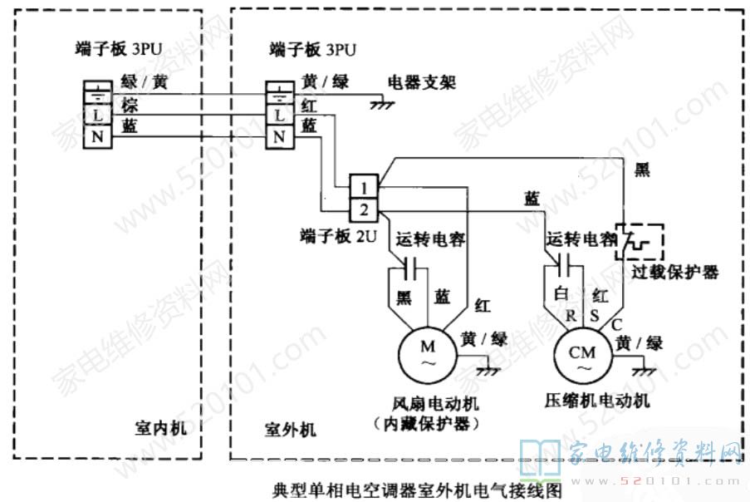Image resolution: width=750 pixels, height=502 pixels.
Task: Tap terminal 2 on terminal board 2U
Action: click(x=365, y=207)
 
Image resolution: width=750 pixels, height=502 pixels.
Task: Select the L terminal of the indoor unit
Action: click(x=97, y=113)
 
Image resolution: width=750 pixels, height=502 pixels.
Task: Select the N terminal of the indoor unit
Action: click(x=97, y=135)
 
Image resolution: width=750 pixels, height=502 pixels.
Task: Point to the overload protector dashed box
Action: click(x=639, y=241)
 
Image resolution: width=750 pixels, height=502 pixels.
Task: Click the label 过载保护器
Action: click(x=674, y=272)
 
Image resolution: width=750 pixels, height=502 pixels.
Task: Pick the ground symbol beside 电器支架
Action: click(x=383, y=103)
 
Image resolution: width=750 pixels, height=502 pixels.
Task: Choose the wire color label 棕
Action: click(x=130, y=106)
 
